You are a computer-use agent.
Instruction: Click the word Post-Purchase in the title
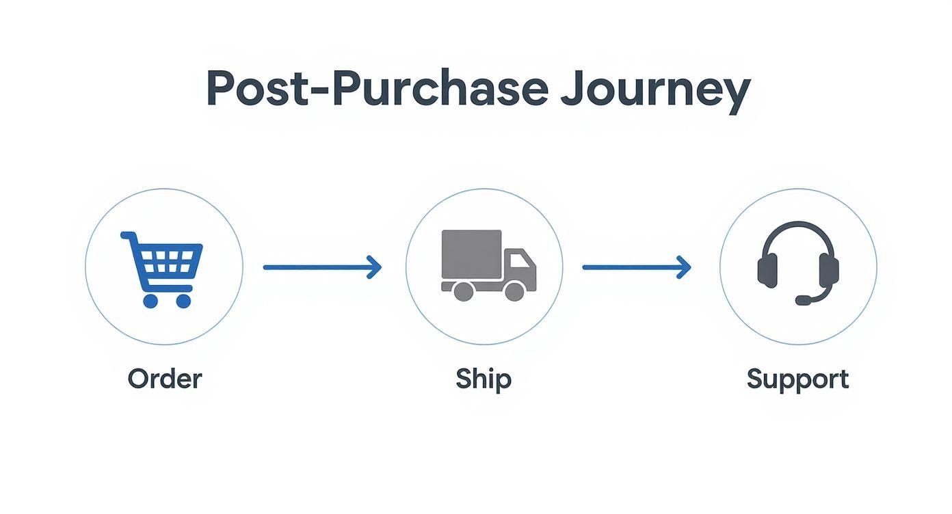coord(377,87)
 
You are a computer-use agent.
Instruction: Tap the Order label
coord(165,379)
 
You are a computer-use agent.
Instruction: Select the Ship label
coord(484,379)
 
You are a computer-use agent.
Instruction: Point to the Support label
coord(797,380)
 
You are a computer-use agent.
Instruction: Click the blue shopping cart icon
coord(162,269)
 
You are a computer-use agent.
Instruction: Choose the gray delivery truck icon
coord(489,265)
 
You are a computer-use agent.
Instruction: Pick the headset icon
coord(798,263)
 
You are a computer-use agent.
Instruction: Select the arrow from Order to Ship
coord(323,267)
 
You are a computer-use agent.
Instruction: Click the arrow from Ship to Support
coord(637,267)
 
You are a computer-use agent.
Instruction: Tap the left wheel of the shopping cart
coord(150,301)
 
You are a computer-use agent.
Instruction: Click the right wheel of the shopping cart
coord(183,301)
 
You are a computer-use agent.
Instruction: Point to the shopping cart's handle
coord(128,235)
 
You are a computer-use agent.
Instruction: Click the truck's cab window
coord(519,260)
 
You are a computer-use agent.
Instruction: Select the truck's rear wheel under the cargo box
coord(464,291)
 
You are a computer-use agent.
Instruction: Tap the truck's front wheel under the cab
coord(514,291)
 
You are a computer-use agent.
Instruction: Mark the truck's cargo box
coord(472,254)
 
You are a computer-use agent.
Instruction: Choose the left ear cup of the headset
coord(767,270)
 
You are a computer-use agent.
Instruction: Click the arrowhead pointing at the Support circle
coord(684,267)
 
